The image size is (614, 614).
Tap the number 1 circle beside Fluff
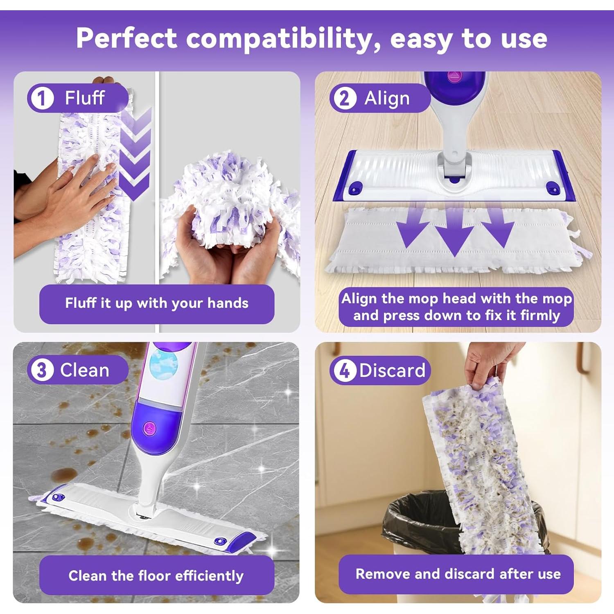coord(41,99)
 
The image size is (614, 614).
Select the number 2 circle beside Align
coord(344,99)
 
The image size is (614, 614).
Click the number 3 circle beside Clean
coord(41,370)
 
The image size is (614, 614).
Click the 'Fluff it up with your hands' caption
coord(157,303)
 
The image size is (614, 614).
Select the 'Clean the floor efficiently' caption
coord(156,576)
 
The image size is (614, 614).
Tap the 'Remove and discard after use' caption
coord(458,574)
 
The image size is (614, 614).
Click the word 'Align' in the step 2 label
coord(387,99)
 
